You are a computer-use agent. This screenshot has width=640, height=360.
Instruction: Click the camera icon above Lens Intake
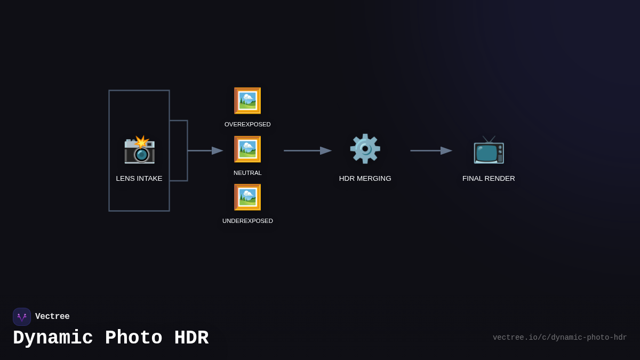(139, 149)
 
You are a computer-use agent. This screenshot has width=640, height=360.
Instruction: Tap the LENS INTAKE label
(139, 179)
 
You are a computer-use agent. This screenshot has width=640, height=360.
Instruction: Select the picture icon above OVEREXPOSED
(247, 100)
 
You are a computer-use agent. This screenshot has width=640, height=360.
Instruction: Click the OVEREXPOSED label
(247, 124)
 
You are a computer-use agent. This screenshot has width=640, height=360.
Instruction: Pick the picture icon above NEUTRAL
(247, 149)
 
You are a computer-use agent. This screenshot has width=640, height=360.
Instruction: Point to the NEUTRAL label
(247, 173)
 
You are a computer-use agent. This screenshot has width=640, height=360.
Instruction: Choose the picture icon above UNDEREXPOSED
(247, 197)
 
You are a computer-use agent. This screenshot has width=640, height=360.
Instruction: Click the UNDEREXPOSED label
(247, 221)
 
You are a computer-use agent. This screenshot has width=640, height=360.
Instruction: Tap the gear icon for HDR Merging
(365, 149)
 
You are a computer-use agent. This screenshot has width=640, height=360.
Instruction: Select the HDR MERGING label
(365, 179)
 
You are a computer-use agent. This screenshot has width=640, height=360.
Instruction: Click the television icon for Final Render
(489, 149)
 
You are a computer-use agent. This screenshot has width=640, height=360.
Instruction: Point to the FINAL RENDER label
(489, 179)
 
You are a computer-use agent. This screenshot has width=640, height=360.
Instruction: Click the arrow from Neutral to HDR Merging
(307, 151)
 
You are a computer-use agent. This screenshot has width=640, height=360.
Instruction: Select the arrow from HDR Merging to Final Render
(431, 151)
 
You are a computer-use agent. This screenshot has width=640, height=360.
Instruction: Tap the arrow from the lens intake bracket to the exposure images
(205, 151)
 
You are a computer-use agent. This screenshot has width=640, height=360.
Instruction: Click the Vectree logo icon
(22, 317)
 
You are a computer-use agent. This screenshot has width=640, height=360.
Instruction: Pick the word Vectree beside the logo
(52, 317)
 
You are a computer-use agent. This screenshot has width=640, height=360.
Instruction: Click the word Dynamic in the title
(53, 338)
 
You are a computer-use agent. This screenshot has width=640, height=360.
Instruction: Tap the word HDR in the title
(191, 338)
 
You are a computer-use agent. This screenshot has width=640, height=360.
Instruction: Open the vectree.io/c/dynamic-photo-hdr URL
(559, 338)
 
